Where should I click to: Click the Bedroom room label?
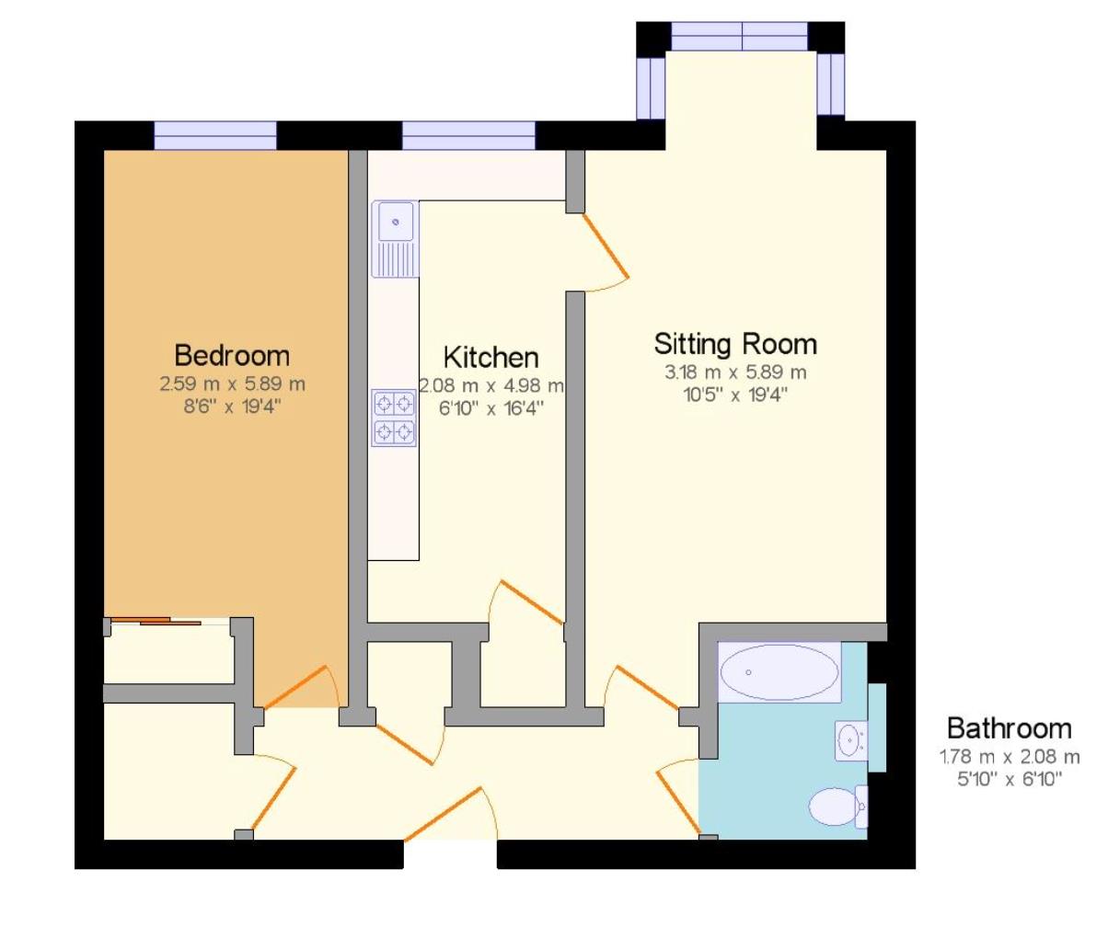(232, 355)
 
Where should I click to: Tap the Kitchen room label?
(491, 357)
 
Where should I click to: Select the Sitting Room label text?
(735, 344)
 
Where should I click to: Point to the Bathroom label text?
(1010, 729)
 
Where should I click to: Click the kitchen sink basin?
(396, 222)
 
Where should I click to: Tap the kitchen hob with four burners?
(394, 418)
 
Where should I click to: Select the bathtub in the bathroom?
(779, 672)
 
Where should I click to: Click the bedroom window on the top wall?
(214, 135)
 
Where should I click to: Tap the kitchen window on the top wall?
(468, 135)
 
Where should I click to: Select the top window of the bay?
(740, 37)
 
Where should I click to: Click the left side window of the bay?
(651, 87)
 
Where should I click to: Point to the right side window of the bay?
(830, 85)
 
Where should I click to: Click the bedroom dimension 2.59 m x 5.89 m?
(232, 383)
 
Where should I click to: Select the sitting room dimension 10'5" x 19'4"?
(735, 394)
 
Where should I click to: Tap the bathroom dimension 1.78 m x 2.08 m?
(1010, 758)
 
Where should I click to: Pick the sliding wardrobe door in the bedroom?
(169, 623)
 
